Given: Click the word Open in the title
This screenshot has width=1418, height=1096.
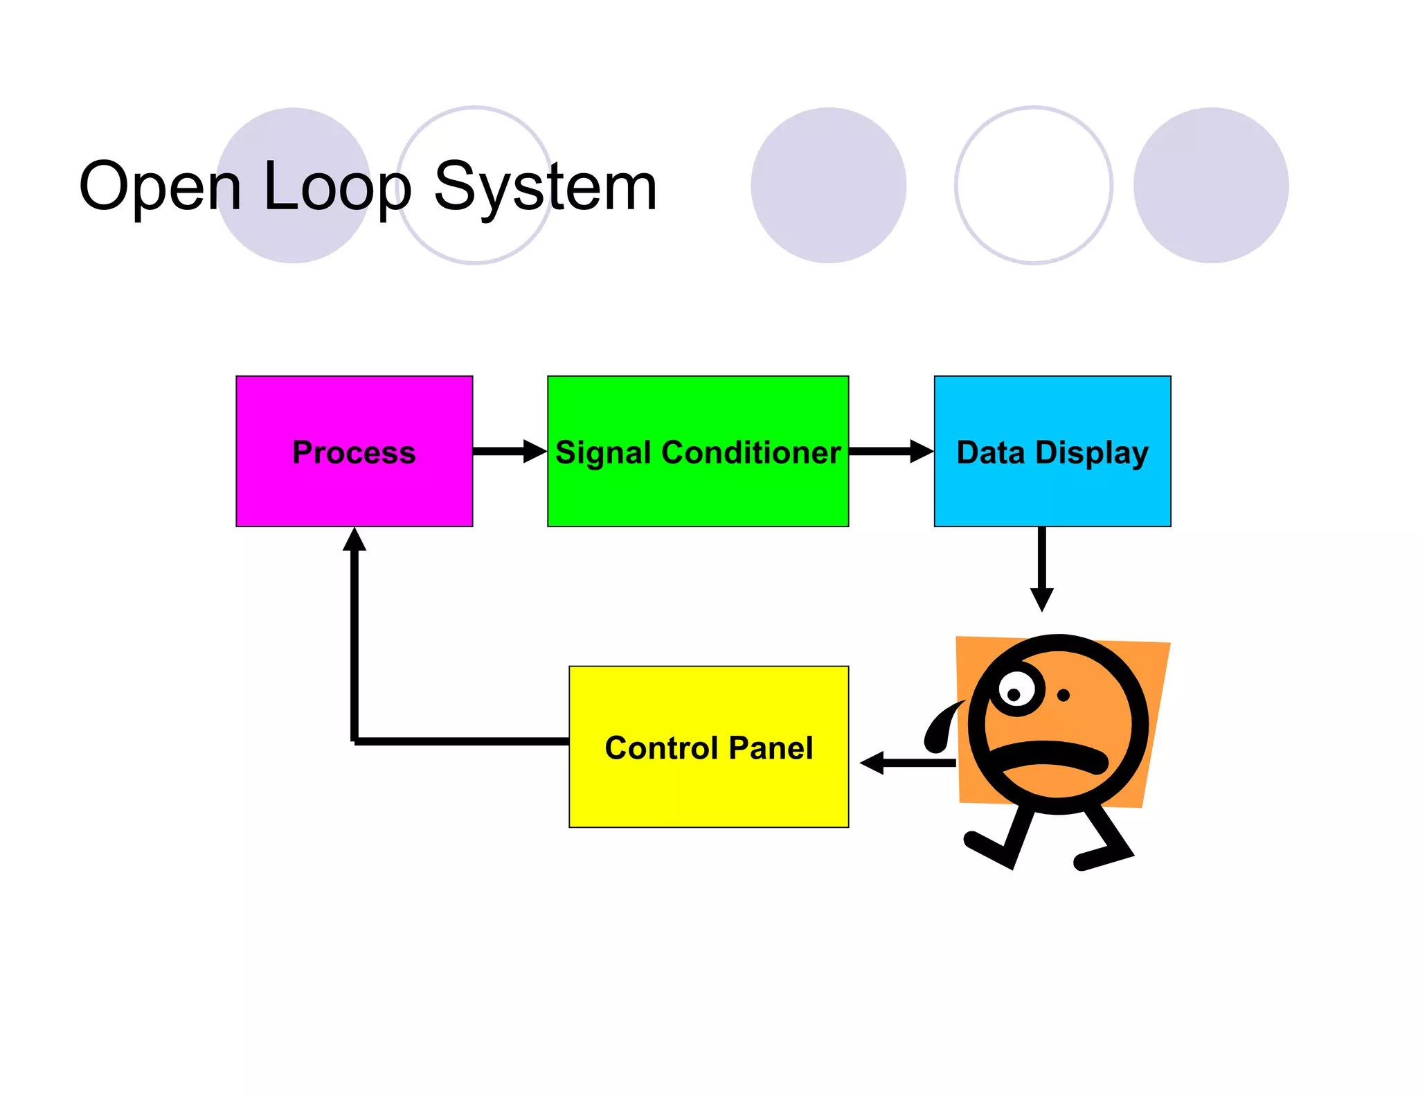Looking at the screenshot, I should pyautogui.click(x=161, y=187).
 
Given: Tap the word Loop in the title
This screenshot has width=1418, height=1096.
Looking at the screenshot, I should pyautogui.click(x=337, y=187).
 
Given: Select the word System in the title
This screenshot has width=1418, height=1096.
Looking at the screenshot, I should pyautogui.click(x=545, y=187).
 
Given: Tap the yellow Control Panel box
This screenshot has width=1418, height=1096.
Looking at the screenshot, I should pyautogui.click(x=708, y=790).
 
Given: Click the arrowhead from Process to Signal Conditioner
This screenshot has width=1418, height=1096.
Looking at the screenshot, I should pyautogui.click(x=535, y=451).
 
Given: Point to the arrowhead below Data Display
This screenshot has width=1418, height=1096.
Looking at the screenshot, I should pyautogui.click(x=1041, y=599).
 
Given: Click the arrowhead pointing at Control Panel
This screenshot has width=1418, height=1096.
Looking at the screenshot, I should pyautogui.click(x=872, y=763).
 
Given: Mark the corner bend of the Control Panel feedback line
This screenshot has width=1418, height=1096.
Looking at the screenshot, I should pyautogui.click(x=355, y=741).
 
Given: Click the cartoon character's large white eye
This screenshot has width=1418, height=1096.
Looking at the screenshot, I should pyautogui.click(x=1016, y=692).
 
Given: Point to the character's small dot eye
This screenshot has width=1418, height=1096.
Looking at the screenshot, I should pyautogui.click(x=1063, y=695).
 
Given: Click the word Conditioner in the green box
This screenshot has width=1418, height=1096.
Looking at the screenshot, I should pyautogui.click(x=751, y=452).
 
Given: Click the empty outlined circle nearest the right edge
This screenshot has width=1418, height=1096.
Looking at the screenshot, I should pyautogui.click(x=1033, y=185).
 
